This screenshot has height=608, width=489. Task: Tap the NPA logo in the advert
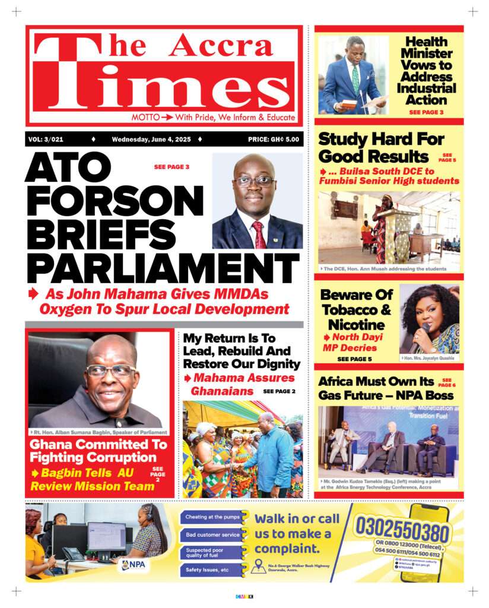tap(134, 565)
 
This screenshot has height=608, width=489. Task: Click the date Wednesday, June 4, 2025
tap(151, 140)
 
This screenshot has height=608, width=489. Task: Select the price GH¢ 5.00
tap(274, 140)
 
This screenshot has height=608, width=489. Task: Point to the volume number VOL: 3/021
tap(46, 140)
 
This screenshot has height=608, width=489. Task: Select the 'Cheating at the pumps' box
tap(212, 517)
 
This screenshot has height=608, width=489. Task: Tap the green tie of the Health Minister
tap(355, 77)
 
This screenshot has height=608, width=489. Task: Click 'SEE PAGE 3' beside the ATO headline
tap(172, 167)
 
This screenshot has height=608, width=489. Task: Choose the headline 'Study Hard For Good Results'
tap(381, 148)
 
